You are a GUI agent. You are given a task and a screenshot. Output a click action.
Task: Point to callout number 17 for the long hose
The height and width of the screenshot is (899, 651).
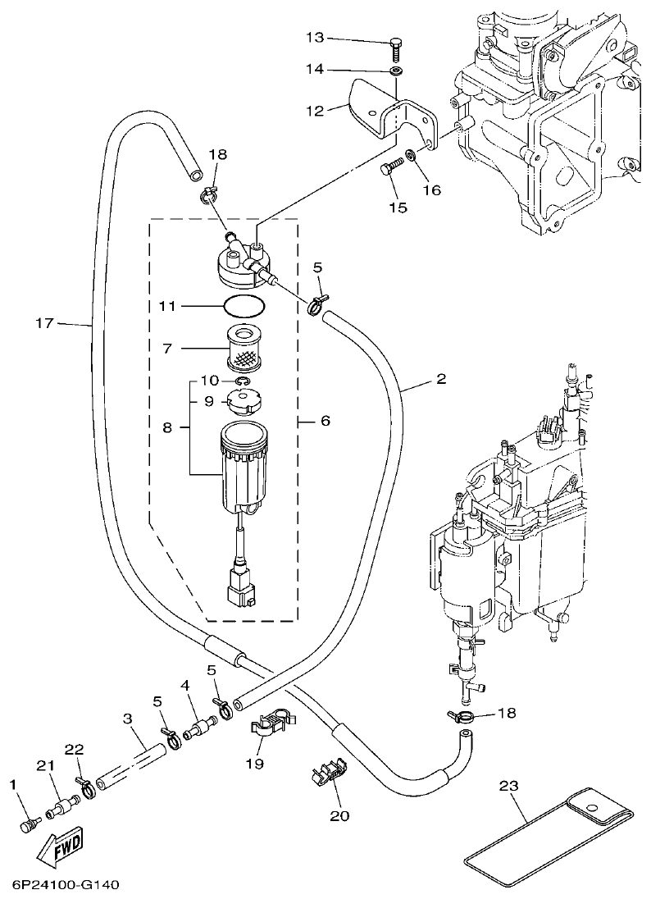pos(44,323)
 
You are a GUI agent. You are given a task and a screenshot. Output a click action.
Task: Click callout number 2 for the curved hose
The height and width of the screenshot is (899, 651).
pos(440,379)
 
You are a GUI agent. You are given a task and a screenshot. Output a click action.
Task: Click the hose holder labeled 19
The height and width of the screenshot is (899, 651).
pos(270,720)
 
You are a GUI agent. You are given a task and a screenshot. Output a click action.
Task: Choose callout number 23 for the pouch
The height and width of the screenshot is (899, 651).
pos(510,787)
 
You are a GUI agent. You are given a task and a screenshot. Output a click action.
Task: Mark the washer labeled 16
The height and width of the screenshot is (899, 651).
pos(410,156)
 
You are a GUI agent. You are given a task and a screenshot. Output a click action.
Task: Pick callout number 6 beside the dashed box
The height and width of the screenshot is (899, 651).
pos(324,420)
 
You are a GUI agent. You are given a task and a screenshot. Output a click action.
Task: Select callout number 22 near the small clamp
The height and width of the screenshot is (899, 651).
pos(74,750)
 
